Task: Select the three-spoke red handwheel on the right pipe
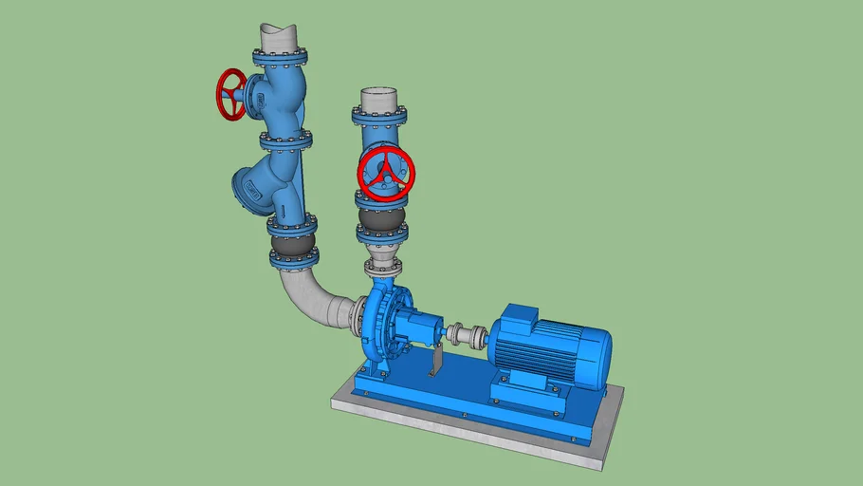tap(385, 174)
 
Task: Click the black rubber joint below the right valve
tap(381, 227)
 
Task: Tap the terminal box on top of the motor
tap(520, 318)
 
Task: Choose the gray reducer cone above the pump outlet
tap(382, 260)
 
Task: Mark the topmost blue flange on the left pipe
tap(280, 58)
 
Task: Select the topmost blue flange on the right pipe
tap(380, 115)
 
